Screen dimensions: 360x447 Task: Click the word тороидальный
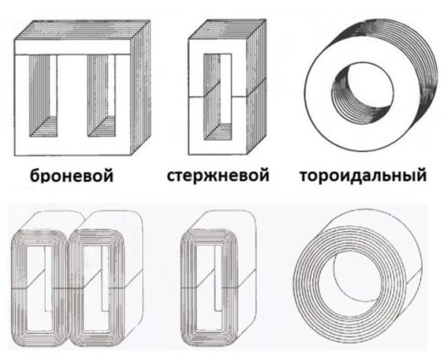[363, 177]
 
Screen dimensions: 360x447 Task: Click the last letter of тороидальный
[421, 177]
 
